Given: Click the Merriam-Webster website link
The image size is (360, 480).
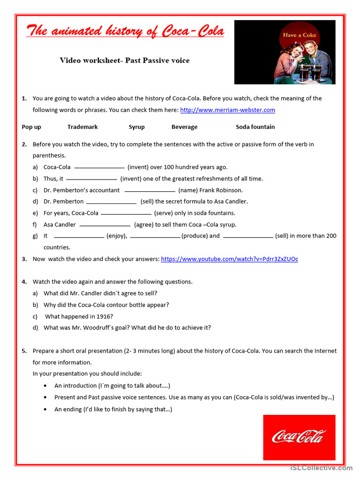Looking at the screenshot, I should click(x=227, y=110).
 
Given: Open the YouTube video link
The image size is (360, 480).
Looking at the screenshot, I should click(x=229, y=259).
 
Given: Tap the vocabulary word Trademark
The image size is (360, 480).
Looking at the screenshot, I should click(x=82, y=127).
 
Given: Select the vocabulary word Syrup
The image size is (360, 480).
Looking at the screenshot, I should click(x=136, y=127).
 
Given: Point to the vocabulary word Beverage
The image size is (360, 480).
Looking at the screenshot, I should click(x=184, y=127).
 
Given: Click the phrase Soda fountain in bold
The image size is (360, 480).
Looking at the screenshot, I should click(x=255, y=127).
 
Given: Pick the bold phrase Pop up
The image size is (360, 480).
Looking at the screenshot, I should click(x=31, y=127).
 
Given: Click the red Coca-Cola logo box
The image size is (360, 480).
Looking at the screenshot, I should click(x=299, y=437).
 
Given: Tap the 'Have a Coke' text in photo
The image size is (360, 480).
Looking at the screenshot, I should click(x=299, y=35).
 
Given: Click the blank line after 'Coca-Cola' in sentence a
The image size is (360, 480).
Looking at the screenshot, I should click(x=99, y=167).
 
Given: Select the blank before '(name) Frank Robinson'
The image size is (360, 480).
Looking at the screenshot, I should click(x=150, y=191).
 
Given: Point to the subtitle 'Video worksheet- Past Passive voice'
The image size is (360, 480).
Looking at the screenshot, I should click(x=125, y=60).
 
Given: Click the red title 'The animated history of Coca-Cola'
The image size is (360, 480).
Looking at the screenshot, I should click(x=125, y=31).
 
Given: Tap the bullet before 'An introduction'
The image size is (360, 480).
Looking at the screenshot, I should click(x=45, y=386).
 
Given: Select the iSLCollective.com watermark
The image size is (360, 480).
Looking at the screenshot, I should click(x=321, y=468).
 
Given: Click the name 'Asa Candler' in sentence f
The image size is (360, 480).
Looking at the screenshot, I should click(x=60, y=225).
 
